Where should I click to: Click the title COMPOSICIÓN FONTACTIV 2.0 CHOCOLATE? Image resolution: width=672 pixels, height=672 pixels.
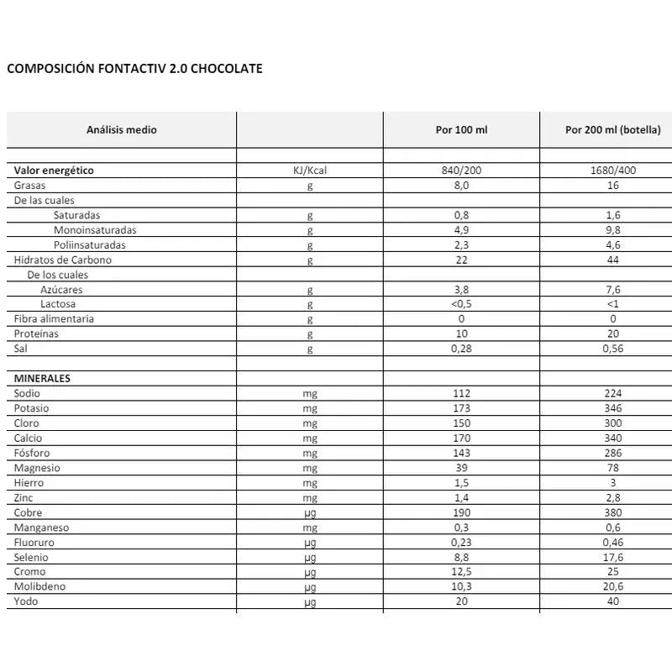tap(134, 69)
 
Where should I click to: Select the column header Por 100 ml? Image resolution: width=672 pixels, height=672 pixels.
tap(460, 130)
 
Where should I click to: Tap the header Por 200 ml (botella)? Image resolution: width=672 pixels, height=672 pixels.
tap(612, 130)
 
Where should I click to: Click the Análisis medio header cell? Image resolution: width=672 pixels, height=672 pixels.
tap(122, 130)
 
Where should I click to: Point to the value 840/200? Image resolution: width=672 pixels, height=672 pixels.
tap(460, 171)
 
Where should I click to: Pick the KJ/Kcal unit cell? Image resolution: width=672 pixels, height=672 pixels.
tap(310, 171)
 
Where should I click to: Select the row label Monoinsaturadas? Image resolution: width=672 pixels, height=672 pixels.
tap(95, 230)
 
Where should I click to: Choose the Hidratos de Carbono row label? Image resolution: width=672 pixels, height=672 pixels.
tap(63, 260)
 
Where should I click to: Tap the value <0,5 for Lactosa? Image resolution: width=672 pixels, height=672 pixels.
tap(460, 304)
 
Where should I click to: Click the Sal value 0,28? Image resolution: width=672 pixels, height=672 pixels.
tap(460, 349)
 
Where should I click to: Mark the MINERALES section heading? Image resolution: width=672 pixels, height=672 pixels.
tap(42, 379)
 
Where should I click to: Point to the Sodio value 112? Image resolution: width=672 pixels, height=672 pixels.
tap(460, 394)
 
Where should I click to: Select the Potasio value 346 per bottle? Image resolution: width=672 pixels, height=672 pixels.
tap(612, 408)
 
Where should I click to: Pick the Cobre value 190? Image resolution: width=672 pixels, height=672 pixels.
tap(460, 513)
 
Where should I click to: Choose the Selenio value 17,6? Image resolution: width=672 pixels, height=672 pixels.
tap(612, 558)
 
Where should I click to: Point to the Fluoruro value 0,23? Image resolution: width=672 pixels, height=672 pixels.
tap(460, 543)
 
